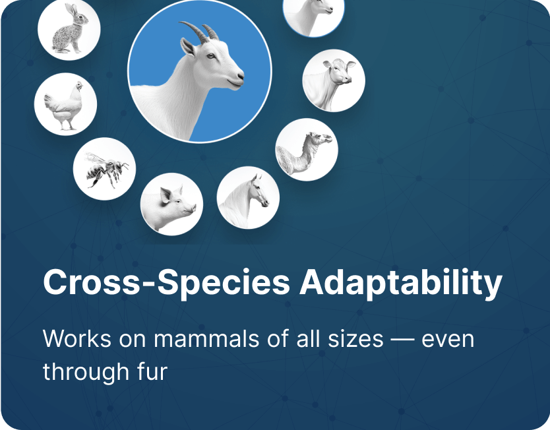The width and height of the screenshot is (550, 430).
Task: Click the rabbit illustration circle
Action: (69, 30)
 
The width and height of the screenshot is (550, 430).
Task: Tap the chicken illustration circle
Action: (65, 104)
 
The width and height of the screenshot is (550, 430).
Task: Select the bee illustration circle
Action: (105, 169)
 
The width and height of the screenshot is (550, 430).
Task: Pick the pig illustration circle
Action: (171, 204)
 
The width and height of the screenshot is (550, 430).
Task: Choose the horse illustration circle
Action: (248, 197)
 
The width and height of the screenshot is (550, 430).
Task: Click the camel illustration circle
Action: (307, 150)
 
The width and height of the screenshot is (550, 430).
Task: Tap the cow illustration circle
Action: (334, 80)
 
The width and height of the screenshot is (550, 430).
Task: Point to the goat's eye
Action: (210, 56)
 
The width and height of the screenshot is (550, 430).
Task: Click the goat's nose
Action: (240, 76)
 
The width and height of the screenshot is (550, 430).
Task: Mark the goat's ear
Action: (188, 47)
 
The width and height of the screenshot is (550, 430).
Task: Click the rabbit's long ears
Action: (73, 10)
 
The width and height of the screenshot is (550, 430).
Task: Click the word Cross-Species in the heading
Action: (166, 283)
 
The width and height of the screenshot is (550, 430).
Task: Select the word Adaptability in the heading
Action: (400, 284)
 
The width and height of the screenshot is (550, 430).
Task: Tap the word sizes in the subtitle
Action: (355, 340)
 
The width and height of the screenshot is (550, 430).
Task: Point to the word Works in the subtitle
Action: (76, 339)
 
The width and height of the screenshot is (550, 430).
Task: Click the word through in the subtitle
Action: (86, 373)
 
